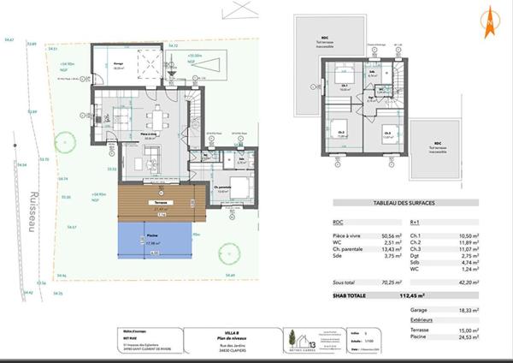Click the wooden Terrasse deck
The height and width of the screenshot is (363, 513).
157,200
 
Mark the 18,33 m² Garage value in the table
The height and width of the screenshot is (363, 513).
466,310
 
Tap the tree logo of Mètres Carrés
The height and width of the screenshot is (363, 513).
292,339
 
